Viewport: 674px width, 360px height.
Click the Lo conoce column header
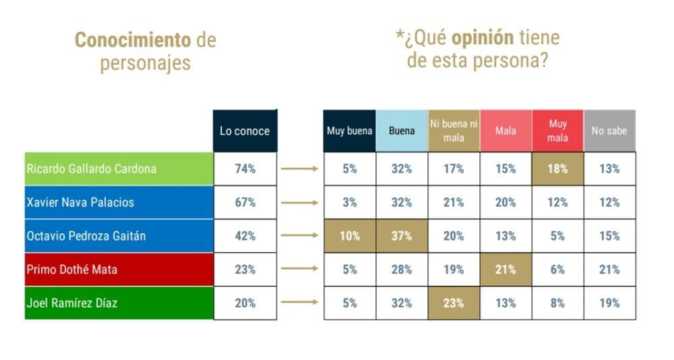[245, 131]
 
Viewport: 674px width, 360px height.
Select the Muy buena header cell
[350, 131]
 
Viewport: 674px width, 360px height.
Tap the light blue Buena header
[402, 131]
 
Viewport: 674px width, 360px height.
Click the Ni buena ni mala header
[454, 131]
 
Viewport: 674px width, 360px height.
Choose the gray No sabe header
[609, 131]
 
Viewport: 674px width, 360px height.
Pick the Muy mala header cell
[557, 131]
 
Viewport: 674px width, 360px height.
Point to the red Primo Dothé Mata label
[71, 270]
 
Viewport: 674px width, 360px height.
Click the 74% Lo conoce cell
[245, 169]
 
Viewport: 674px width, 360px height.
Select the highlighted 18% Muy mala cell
[557, 169]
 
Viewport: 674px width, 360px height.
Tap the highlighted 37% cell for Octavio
[402, 236]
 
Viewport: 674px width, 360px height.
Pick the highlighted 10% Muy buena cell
[350, 236]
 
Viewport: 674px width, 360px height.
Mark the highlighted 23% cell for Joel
[454, 303]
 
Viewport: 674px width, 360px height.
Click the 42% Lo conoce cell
[245, 236]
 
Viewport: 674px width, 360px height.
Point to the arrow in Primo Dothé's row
[299, 270]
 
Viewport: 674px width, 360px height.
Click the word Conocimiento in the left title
[132, 40]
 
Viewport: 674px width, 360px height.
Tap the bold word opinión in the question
[479, 37]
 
